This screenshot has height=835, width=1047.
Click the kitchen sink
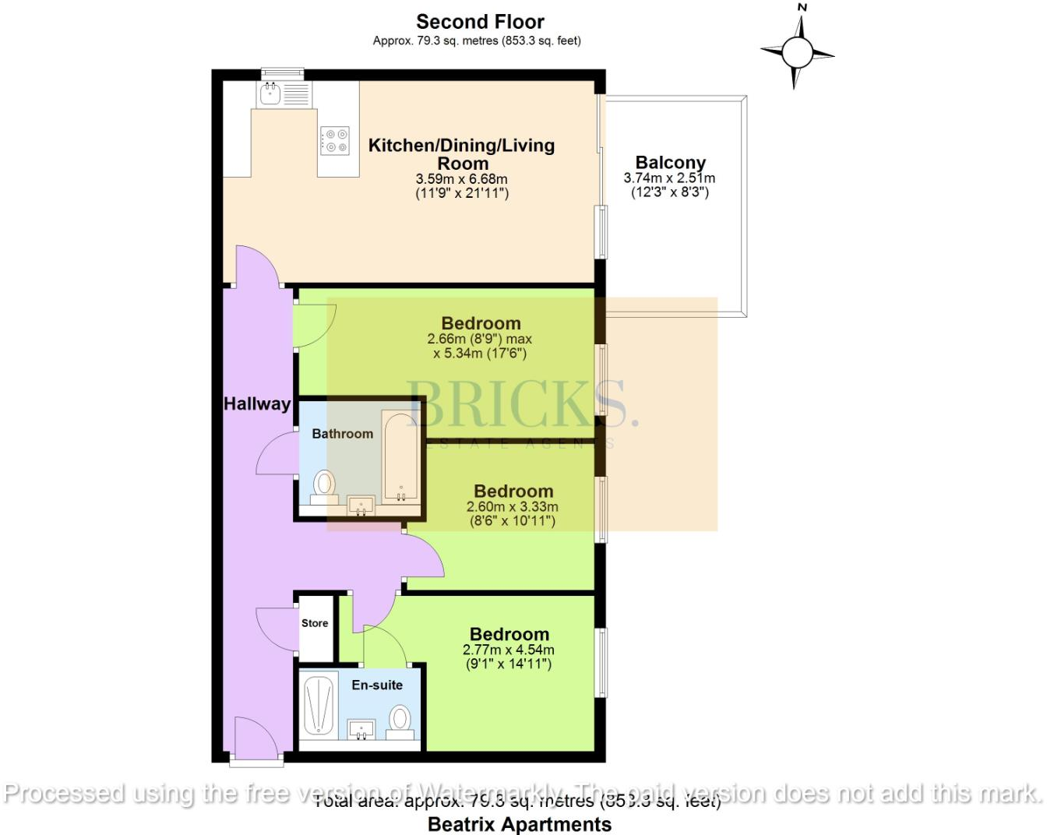271,94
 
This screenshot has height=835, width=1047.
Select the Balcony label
670,163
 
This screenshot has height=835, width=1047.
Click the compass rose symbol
797,53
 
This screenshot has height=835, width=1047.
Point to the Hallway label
256,403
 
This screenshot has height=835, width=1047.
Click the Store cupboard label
315,623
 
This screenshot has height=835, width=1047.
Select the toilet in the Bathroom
323,485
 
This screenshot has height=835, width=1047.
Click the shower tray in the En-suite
319,705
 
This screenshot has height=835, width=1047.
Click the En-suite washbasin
361,730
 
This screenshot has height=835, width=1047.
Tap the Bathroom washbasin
361,506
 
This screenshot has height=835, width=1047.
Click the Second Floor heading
480,22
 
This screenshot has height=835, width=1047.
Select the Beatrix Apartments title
520,823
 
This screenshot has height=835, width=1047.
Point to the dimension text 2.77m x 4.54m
509,650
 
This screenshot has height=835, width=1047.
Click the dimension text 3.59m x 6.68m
461,179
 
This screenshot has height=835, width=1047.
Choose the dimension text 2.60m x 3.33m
513,507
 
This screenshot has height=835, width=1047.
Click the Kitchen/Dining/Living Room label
462,153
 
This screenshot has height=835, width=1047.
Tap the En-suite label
377,685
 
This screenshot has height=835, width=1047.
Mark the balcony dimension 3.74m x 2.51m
669,178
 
